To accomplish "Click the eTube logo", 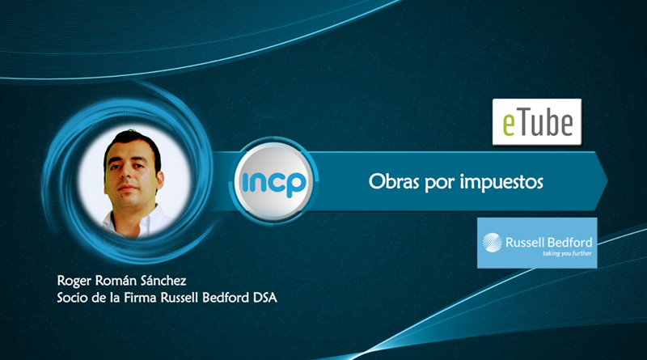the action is coord(537,122).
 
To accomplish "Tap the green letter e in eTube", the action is coord(509,125).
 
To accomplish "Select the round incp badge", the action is coord(273,181).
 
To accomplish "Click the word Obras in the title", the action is coord(394,181).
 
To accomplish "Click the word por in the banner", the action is coord(439,184).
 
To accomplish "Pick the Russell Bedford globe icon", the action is coord(493,243).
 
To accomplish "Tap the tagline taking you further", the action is coord(567,253).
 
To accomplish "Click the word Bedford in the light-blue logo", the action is coord(571,243).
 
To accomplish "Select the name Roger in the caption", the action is coord(74,282).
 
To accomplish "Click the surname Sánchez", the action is coord(163,281).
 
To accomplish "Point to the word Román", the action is coord(116,281).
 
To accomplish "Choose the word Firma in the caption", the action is coord(140,298).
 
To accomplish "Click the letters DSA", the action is coord(265,298).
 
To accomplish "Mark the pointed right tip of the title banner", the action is coord(608,180).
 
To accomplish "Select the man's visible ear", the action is coord(159,180).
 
